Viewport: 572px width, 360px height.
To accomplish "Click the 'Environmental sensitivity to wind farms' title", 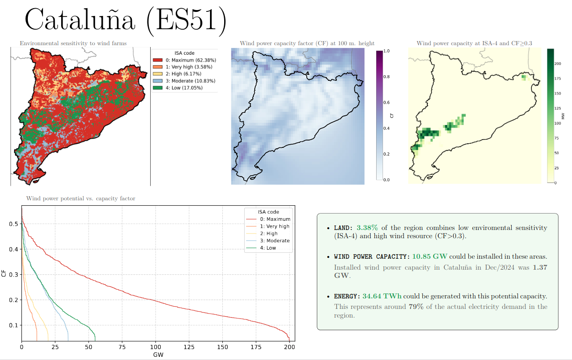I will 73,43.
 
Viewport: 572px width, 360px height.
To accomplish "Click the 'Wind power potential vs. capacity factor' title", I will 81,198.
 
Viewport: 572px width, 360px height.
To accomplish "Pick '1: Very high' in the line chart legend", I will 274,226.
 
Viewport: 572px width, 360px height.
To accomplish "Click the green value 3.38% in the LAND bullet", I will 367,228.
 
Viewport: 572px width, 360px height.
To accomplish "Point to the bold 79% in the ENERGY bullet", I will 416,307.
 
